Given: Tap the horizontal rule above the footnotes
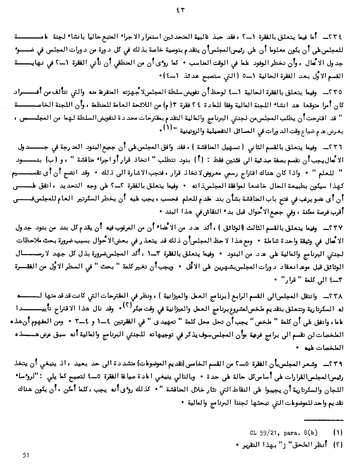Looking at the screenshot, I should click(324, 420).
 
